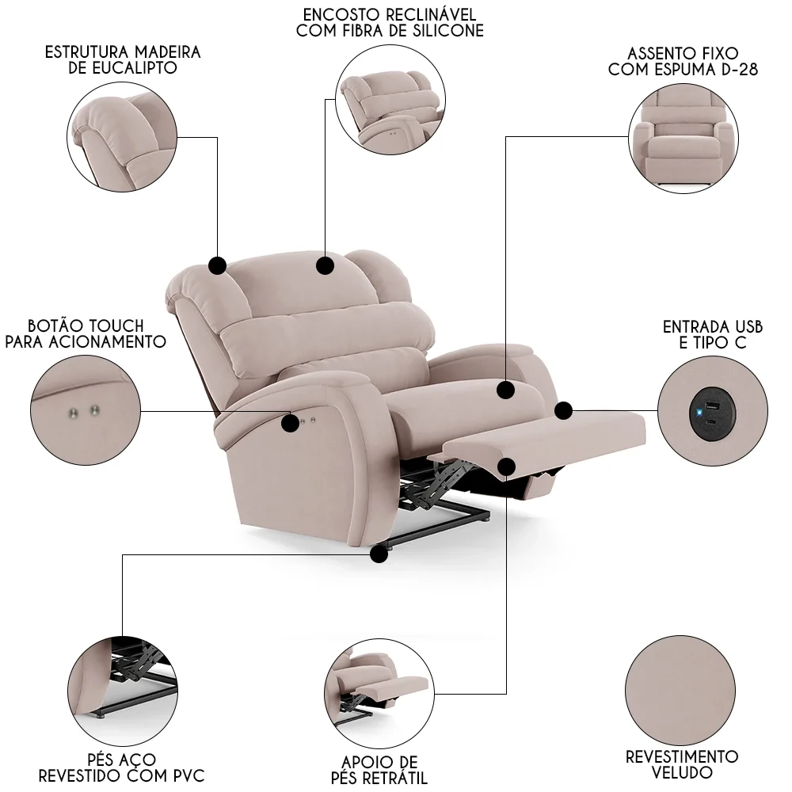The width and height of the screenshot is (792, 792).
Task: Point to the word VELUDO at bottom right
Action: pos(682,772)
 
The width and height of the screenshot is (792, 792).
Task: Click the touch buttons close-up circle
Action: pos(85,411)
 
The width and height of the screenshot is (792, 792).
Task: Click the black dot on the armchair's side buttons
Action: pos(291,424)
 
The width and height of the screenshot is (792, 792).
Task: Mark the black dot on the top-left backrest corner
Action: pos(217,265)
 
